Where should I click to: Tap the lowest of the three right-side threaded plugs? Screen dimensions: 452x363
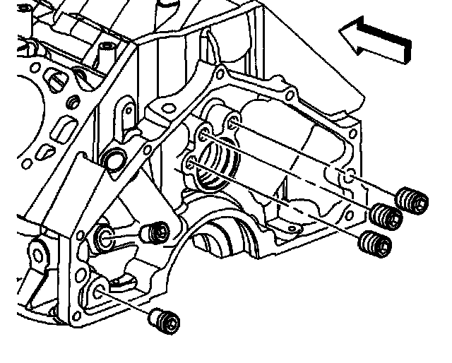click(374, 244)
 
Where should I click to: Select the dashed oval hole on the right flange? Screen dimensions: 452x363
click(346, 177)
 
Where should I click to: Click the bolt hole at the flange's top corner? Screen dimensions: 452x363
click(220, 73)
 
